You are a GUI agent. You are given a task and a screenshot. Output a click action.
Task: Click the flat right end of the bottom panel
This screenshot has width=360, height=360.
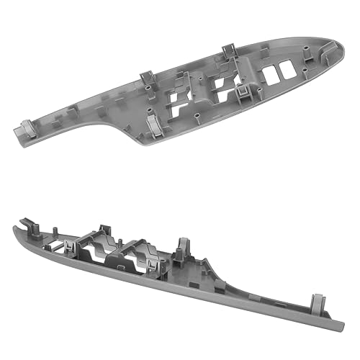coord(328,314)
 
